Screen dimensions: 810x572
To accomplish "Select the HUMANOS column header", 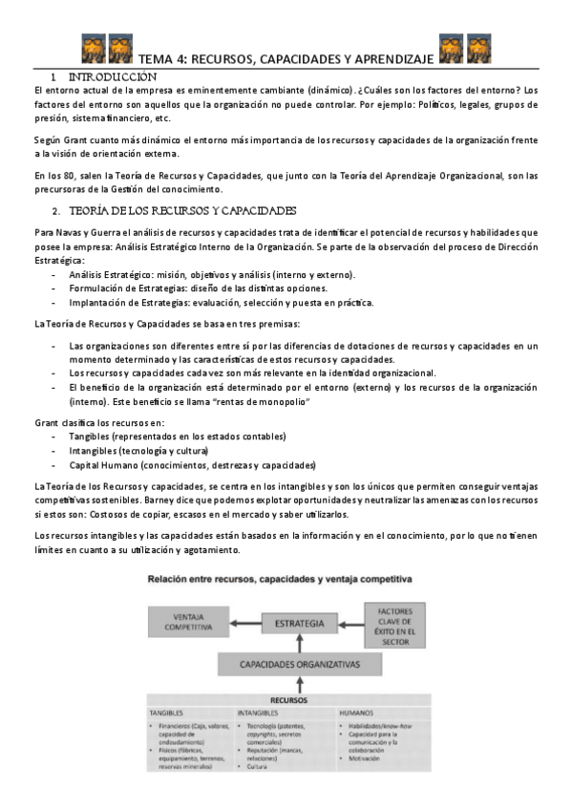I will point(357,713).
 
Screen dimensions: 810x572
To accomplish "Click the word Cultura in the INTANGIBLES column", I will point(258,766).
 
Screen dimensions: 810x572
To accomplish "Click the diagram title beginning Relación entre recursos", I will point(278,580).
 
